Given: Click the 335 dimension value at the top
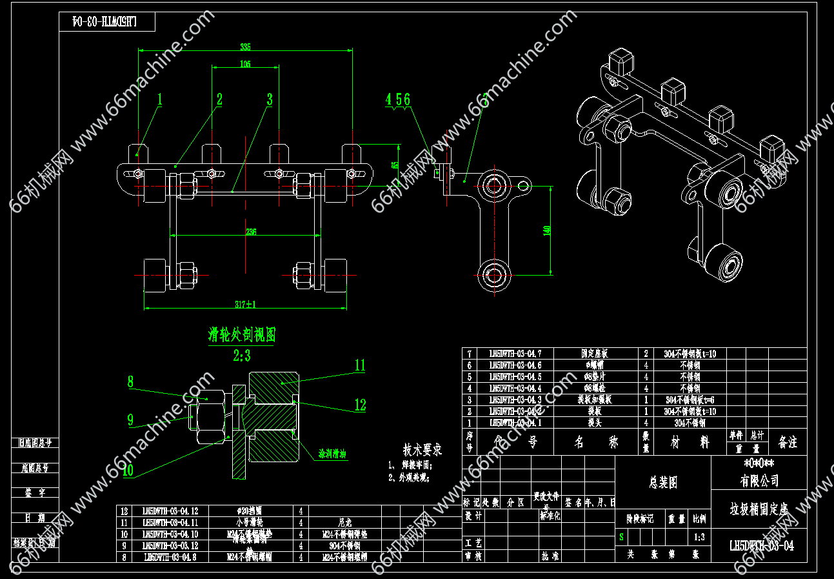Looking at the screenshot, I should tap(245, 46).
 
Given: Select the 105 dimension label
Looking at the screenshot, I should tap(245, 63).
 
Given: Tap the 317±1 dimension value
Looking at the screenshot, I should tap(245, 303).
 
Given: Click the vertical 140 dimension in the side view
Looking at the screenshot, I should tap(547, 231).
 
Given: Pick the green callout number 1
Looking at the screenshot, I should tap(160, 99).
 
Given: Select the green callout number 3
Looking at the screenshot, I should tap(270, 99).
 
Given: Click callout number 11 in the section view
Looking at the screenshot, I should tap(360, 365).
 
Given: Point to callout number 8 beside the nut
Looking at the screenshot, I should tap(130, 381).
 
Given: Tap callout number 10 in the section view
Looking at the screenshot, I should tap(128, 470).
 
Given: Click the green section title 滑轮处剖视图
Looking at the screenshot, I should tap(242, 334).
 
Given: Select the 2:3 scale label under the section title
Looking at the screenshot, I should tap(242, 355).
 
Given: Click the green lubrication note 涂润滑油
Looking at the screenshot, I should tap(332, 453).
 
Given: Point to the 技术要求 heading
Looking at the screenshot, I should tap(422, 449).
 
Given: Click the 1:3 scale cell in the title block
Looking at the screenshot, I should tap(699, 536).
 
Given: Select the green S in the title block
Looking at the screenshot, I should tap(621, 536).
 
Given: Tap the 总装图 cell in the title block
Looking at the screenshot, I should tap(663, 482).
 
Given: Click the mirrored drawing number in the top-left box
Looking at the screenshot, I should tap(107, 21).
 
